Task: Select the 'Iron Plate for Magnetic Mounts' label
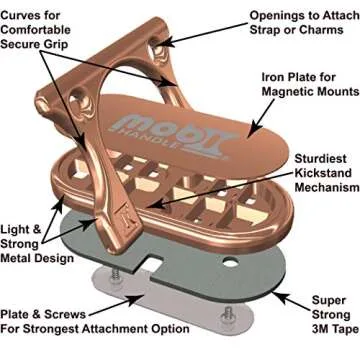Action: tap(310, 85)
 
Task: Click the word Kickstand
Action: tap(323, 173)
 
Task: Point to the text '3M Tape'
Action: tap(331, 329)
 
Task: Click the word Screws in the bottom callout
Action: tap(65, 314)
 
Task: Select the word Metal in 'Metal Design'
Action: tap(17, 258)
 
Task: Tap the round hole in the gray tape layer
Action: tap(230, 263)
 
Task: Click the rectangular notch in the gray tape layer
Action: tap(153, 262)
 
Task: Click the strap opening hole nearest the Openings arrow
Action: tap(158, 48)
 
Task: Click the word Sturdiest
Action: tap(321, 159)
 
